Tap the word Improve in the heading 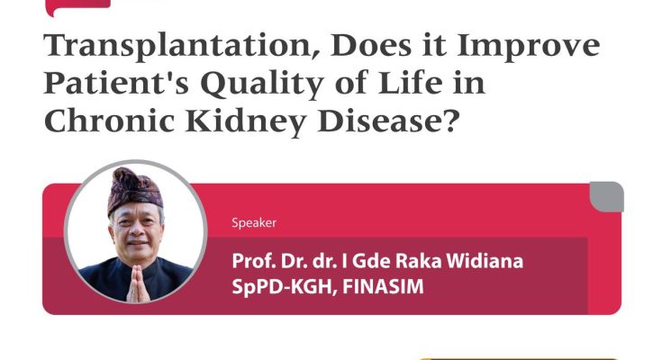[x=529, y=47]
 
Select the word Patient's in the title [x=116, y=83]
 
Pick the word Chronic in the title [x=109, y=121]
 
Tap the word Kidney [x=246, y=122]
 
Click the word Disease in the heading [x=380, y=121]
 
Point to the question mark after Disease [x=451, y=121]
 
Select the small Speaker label [x=254, y=223]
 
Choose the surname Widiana [x=485, y=261]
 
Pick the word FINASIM [x=383, y=286]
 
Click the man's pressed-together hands [x=138, y=283]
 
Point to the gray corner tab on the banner [x=607, y=197]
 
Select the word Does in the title [x=371, y=47]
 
